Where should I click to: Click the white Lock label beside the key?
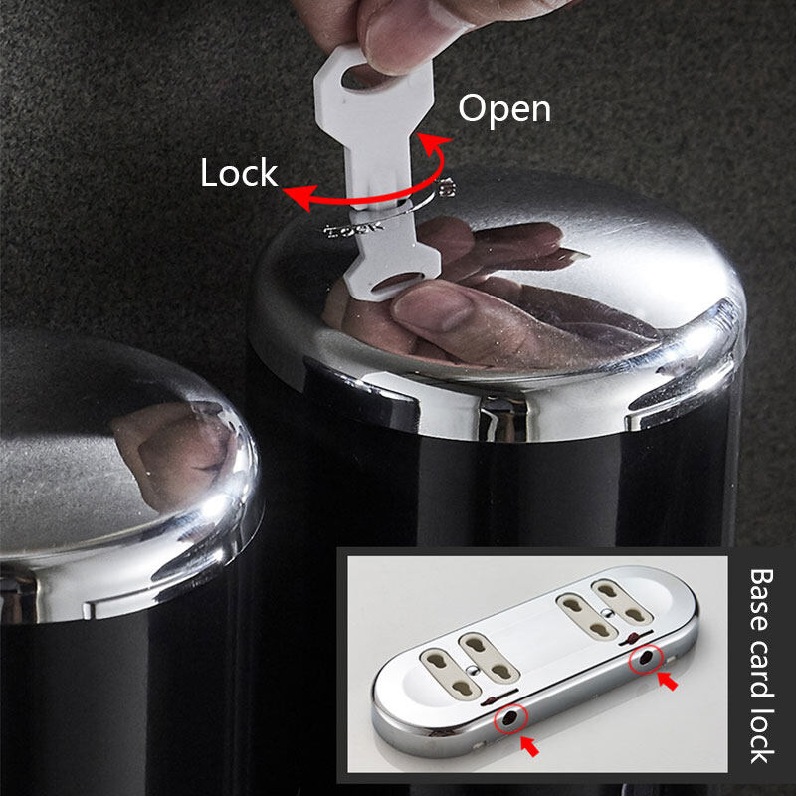pyautogui.click(x=239, y=173)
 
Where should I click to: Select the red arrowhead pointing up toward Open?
pyautogui.click(x=433, y=142)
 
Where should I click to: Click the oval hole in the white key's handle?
pyautogui.click(x=361, y=77)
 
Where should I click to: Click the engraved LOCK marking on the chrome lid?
pyautogui.click(x=354, y=229)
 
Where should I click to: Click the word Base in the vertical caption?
pyautogui.click(x=761, y=600)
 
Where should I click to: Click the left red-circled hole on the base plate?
pyautogui.click(x=510, y=717)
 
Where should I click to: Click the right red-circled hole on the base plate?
pyautogui.click(x=646, y=659)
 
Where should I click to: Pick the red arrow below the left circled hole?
pyautogui.click(x=529, y=746)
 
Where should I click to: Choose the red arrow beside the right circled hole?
pyautogui.click(x=668, y=681)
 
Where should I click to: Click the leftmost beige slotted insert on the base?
pyautogui.click(x=451, y=674)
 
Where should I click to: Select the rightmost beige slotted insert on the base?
pyautogui.click(x=621, y=602)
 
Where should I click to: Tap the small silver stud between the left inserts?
pyautogui.click(x=474, y=670)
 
